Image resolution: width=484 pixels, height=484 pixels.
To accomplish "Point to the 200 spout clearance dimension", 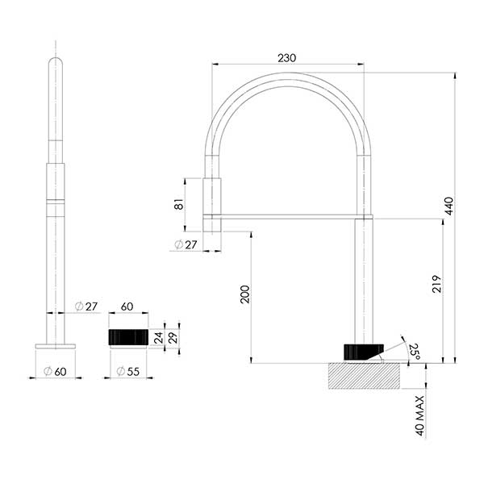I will pos(244,295).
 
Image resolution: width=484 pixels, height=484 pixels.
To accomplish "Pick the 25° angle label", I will pos(412,349).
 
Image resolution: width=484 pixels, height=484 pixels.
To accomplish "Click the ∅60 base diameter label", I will pos(55,371).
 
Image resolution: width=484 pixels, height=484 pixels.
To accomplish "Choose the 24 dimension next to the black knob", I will pos(159,336).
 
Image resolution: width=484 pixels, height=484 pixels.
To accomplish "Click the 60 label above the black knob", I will pos(127,307).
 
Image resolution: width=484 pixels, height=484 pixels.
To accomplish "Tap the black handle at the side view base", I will pos(361,352).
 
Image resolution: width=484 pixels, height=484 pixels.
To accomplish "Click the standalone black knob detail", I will pos(127,336).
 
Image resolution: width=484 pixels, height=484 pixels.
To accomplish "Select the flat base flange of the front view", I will pos(55,346).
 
